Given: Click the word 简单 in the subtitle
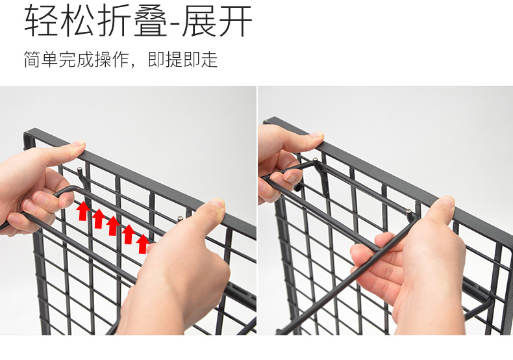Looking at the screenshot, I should point(40,60).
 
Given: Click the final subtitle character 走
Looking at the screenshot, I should point(208,60).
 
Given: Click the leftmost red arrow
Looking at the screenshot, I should point(83,211).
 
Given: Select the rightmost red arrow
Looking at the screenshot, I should point(143,243).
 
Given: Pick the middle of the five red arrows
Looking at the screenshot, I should point(113,225).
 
